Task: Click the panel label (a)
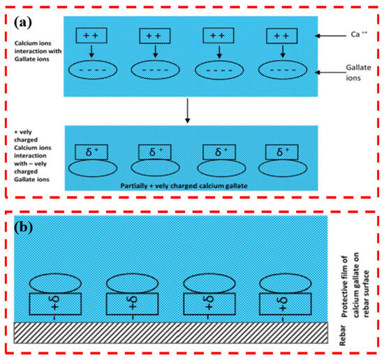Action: [23, 22]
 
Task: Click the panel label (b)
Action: [24, 227]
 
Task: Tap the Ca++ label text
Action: [359, 34]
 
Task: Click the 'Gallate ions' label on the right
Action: [358, 73]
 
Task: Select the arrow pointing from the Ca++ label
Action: [331, 36]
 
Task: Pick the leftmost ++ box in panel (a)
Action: [91, 36]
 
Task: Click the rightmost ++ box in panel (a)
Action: [282, 36]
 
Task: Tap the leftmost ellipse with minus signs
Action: [93, 70]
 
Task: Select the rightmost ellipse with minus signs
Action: [283, 70]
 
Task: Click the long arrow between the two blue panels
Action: [187, 110]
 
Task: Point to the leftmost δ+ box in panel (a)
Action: [91, 152]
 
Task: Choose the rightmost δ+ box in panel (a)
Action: [282, 152]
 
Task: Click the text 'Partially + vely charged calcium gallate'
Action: [184, 186]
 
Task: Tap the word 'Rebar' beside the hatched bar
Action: [343, 336]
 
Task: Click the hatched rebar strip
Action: [170, 333]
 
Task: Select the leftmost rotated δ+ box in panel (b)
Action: [55, 304]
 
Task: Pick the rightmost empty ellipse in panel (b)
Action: [286, 284]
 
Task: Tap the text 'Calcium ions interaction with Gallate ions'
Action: [38, 51]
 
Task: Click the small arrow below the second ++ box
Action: [155, 51]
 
